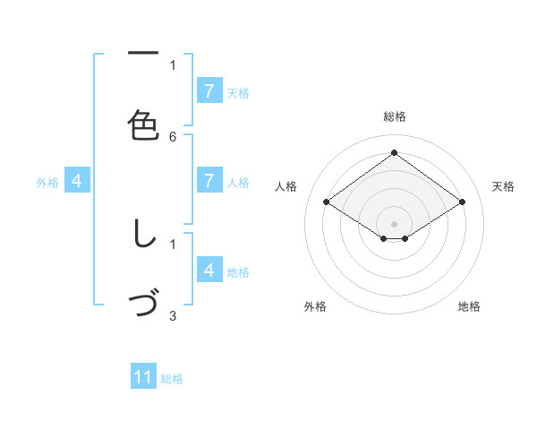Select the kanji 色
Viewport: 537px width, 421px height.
pos(143,125)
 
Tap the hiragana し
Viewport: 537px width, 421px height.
pos(143,235)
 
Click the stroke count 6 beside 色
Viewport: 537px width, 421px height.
pos(173,136)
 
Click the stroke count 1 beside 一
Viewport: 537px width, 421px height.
pos(173,64)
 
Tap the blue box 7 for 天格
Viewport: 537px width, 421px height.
pos(209,90)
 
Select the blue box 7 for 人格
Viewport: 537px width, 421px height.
pos(209,180)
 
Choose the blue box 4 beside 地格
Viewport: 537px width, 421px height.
pos(209,270)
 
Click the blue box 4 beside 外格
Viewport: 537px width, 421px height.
pos(77,180)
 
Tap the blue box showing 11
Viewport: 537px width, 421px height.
pos(143,377)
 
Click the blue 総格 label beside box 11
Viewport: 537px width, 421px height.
pos(172,379)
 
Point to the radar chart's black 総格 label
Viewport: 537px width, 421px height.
pos(395,116)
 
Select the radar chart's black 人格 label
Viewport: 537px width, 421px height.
pos(286,186)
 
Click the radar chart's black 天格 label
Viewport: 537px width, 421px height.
pos(503,186)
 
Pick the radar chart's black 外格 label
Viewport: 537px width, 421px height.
pos(315,306)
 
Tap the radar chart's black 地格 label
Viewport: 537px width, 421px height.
pos(469,306)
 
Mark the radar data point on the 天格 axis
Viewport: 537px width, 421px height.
pos(462,202)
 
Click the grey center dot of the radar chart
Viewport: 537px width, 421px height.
pos(395,223)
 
